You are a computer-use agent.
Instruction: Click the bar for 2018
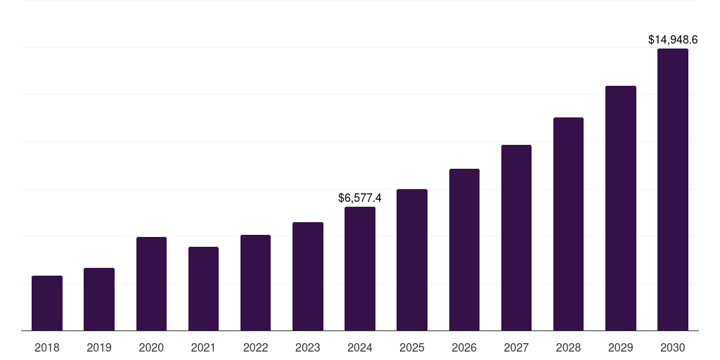[47, 303]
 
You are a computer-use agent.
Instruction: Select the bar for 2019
[99, 299]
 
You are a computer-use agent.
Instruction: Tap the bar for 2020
[151, 283]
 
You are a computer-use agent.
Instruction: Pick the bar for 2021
[203, 288]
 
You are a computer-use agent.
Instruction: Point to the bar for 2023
[308, 276]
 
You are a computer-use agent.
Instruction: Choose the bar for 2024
[360, 269]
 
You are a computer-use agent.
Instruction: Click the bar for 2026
[464, 250]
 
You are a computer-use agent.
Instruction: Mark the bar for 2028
[568, 224]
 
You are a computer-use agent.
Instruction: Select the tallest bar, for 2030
[673, 190]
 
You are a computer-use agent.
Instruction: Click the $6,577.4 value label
[360, 198]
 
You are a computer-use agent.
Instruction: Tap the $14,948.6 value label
[673, 40]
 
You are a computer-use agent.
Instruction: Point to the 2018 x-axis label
[47, 347]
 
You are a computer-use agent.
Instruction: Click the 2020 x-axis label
[151, 347]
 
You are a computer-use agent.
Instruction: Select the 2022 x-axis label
[255, 347]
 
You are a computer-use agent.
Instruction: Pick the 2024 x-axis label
[360, 347]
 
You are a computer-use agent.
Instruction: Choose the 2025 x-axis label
[412, 347]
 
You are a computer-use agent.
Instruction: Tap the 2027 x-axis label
[516, 347]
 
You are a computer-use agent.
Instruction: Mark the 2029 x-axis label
[620, 347]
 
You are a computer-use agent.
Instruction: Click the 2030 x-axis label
[673, 347]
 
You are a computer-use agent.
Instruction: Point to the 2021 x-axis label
[203, 347]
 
